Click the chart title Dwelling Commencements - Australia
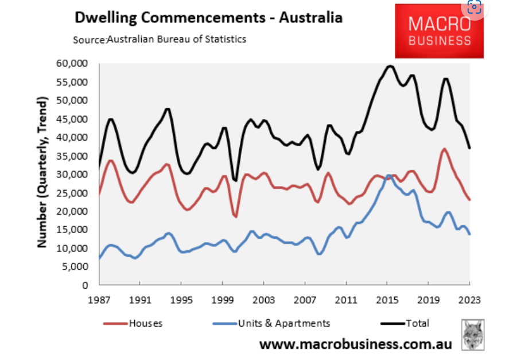pyautogui.click(x=208, y=17)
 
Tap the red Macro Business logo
pyautogui.click(x=439, y=32)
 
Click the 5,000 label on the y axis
pyautogui.click(x=75, y=267)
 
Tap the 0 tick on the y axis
pyautogui.click(x=85, y=285)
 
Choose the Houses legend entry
pyautogui.click(x=133, y=323)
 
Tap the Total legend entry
pyautogui.click(x=405, y=323)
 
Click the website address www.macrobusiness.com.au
pyautogui.click(x=355, y=344)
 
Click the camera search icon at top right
pyautogui.click(x=474, y=8)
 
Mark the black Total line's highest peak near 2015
pyautogui.click(x=390, y=66)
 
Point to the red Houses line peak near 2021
pyautogui.click(x=444, y=149)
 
